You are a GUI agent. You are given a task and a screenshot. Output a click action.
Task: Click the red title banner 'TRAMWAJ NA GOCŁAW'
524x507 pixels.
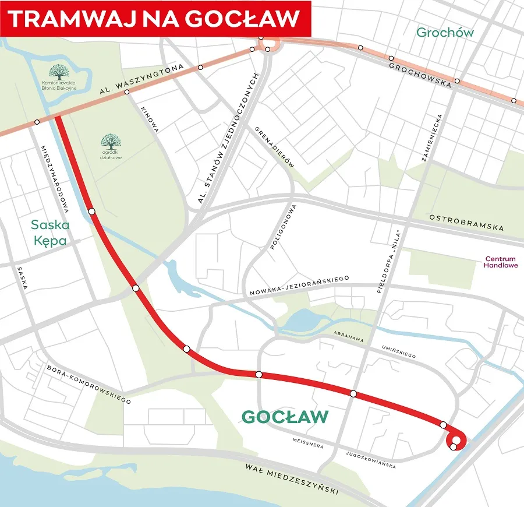click(155, 18)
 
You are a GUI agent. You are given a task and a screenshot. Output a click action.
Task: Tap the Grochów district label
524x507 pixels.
click(445, 33)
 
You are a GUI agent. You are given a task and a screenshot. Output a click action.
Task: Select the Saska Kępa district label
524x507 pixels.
click(50, 232)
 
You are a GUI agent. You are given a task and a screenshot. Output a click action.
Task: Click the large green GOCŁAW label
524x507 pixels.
click(285, 417)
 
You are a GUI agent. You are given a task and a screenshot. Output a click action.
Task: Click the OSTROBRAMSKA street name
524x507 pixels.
click(466, 223)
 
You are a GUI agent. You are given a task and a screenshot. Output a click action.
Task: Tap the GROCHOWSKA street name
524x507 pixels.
click(420, 74)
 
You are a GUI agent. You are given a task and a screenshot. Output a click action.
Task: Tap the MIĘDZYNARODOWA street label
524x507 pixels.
click(56, 175)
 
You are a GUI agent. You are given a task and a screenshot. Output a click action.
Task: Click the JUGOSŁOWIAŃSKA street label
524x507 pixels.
click(370, 459)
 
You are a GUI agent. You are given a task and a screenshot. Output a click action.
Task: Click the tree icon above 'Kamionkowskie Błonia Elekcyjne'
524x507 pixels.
click(58, 72)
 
